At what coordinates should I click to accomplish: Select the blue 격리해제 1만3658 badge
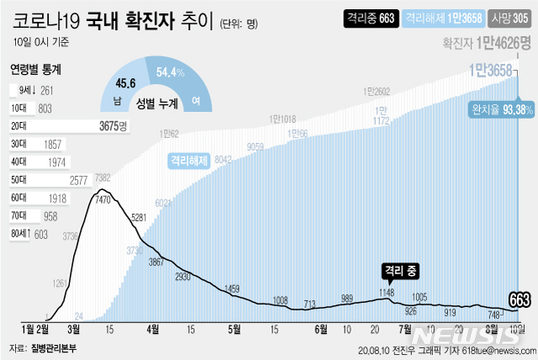(x=442, y=17)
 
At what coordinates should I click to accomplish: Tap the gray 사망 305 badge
(x=509, y=17)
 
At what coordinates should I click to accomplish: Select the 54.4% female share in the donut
(x=171, y=72)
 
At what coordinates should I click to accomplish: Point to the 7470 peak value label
(x=103, y=201)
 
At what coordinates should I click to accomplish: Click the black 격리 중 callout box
(x=400, y=270)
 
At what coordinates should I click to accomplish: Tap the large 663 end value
(x=519, y=300)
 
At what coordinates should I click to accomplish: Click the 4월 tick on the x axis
(x=152, y=329)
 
